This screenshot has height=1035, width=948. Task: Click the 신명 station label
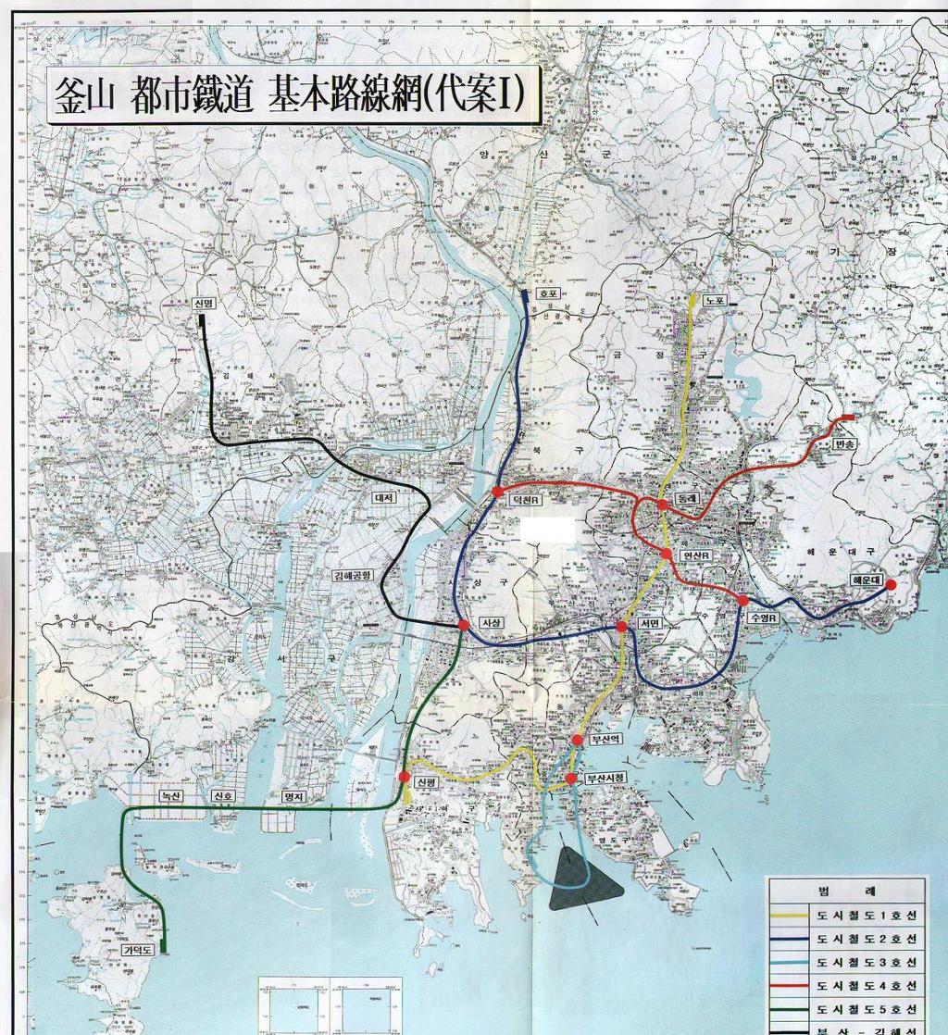(204, 304)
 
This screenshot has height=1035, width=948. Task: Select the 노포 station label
(713, 301)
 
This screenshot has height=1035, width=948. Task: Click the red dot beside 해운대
(891, 584)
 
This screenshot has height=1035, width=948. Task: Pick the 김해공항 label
(352, 575)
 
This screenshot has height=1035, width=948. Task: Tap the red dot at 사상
(463, 626)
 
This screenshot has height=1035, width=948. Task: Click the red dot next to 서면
(621, 627)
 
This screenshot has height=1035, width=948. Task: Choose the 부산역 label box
(605, 740)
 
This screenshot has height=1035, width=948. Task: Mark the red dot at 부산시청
(571, 778)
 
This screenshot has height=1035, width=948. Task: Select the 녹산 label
(170, 795)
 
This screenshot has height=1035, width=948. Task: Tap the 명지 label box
(293, 796)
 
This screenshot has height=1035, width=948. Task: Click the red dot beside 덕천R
(498, 491)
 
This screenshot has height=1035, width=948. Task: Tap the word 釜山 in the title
(84, 96)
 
